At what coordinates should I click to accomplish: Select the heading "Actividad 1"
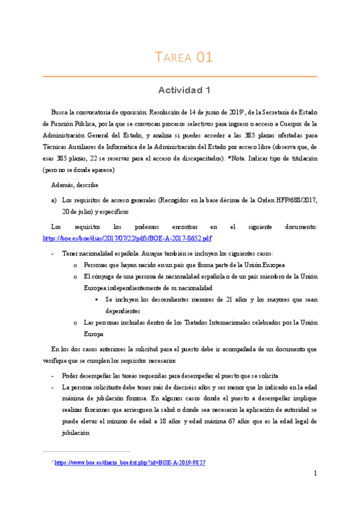tap(183, 90)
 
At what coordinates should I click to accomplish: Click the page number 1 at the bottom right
tap(315, 474)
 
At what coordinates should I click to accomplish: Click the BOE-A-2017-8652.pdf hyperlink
tap(127, 238)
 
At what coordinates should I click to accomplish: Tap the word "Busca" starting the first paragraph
tap(61, 112)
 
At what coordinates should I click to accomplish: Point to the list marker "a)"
tap(54, 200)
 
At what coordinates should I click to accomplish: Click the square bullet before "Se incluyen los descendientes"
tap(97, 300)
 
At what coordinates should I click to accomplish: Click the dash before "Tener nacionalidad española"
tap(53, 254)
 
